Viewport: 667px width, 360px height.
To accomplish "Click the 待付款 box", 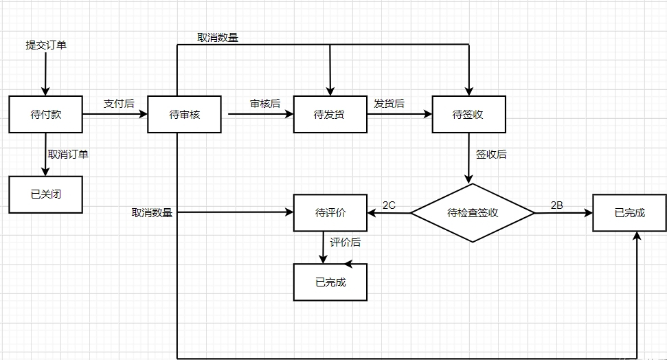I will pos(46,115).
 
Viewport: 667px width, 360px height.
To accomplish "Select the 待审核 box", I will pos(184,115).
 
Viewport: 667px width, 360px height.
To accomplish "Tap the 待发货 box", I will pos(330,115).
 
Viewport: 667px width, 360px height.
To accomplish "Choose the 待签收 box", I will pos(468,115).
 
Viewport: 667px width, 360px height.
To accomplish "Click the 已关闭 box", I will pos(46,194).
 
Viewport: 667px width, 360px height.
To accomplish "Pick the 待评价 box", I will pos(330,213).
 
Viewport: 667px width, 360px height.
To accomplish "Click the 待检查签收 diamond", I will pos(472,213).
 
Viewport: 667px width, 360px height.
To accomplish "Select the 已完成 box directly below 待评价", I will pos(330,282).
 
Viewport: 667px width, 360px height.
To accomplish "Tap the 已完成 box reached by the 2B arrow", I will pos(629,213).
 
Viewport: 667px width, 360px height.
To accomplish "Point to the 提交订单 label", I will pos(46,45).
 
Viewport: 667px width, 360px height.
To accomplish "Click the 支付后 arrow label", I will pos(118,103).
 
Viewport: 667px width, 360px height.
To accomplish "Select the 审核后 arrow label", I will pos(264,103).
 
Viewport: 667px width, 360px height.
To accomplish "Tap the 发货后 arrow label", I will pos(389,103).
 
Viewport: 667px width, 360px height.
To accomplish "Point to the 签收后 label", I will pos(491,154).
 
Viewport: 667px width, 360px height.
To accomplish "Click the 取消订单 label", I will pos(68,154).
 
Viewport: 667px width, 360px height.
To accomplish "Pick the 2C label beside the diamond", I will pos(389,205).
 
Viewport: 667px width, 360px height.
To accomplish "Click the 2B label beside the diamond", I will pos(557,205).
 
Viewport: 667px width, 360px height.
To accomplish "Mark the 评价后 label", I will pos(346,243).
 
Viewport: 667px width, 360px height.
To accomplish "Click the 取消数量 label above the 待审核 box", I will pos(218,38).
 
